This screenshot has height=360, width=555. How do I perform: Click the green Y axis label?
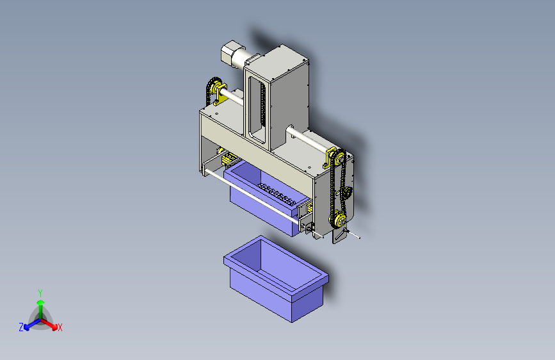(40, 291)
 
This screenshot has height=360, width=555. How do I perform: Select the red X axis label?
(60, 327)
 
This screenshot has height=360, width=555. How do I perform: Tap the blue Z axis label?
(21, 327)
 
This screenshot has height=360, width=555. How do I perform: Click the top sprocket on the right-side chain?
(339, 157)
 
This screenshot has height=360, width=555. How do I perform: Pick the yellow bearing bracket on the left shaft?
(220, 92)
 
